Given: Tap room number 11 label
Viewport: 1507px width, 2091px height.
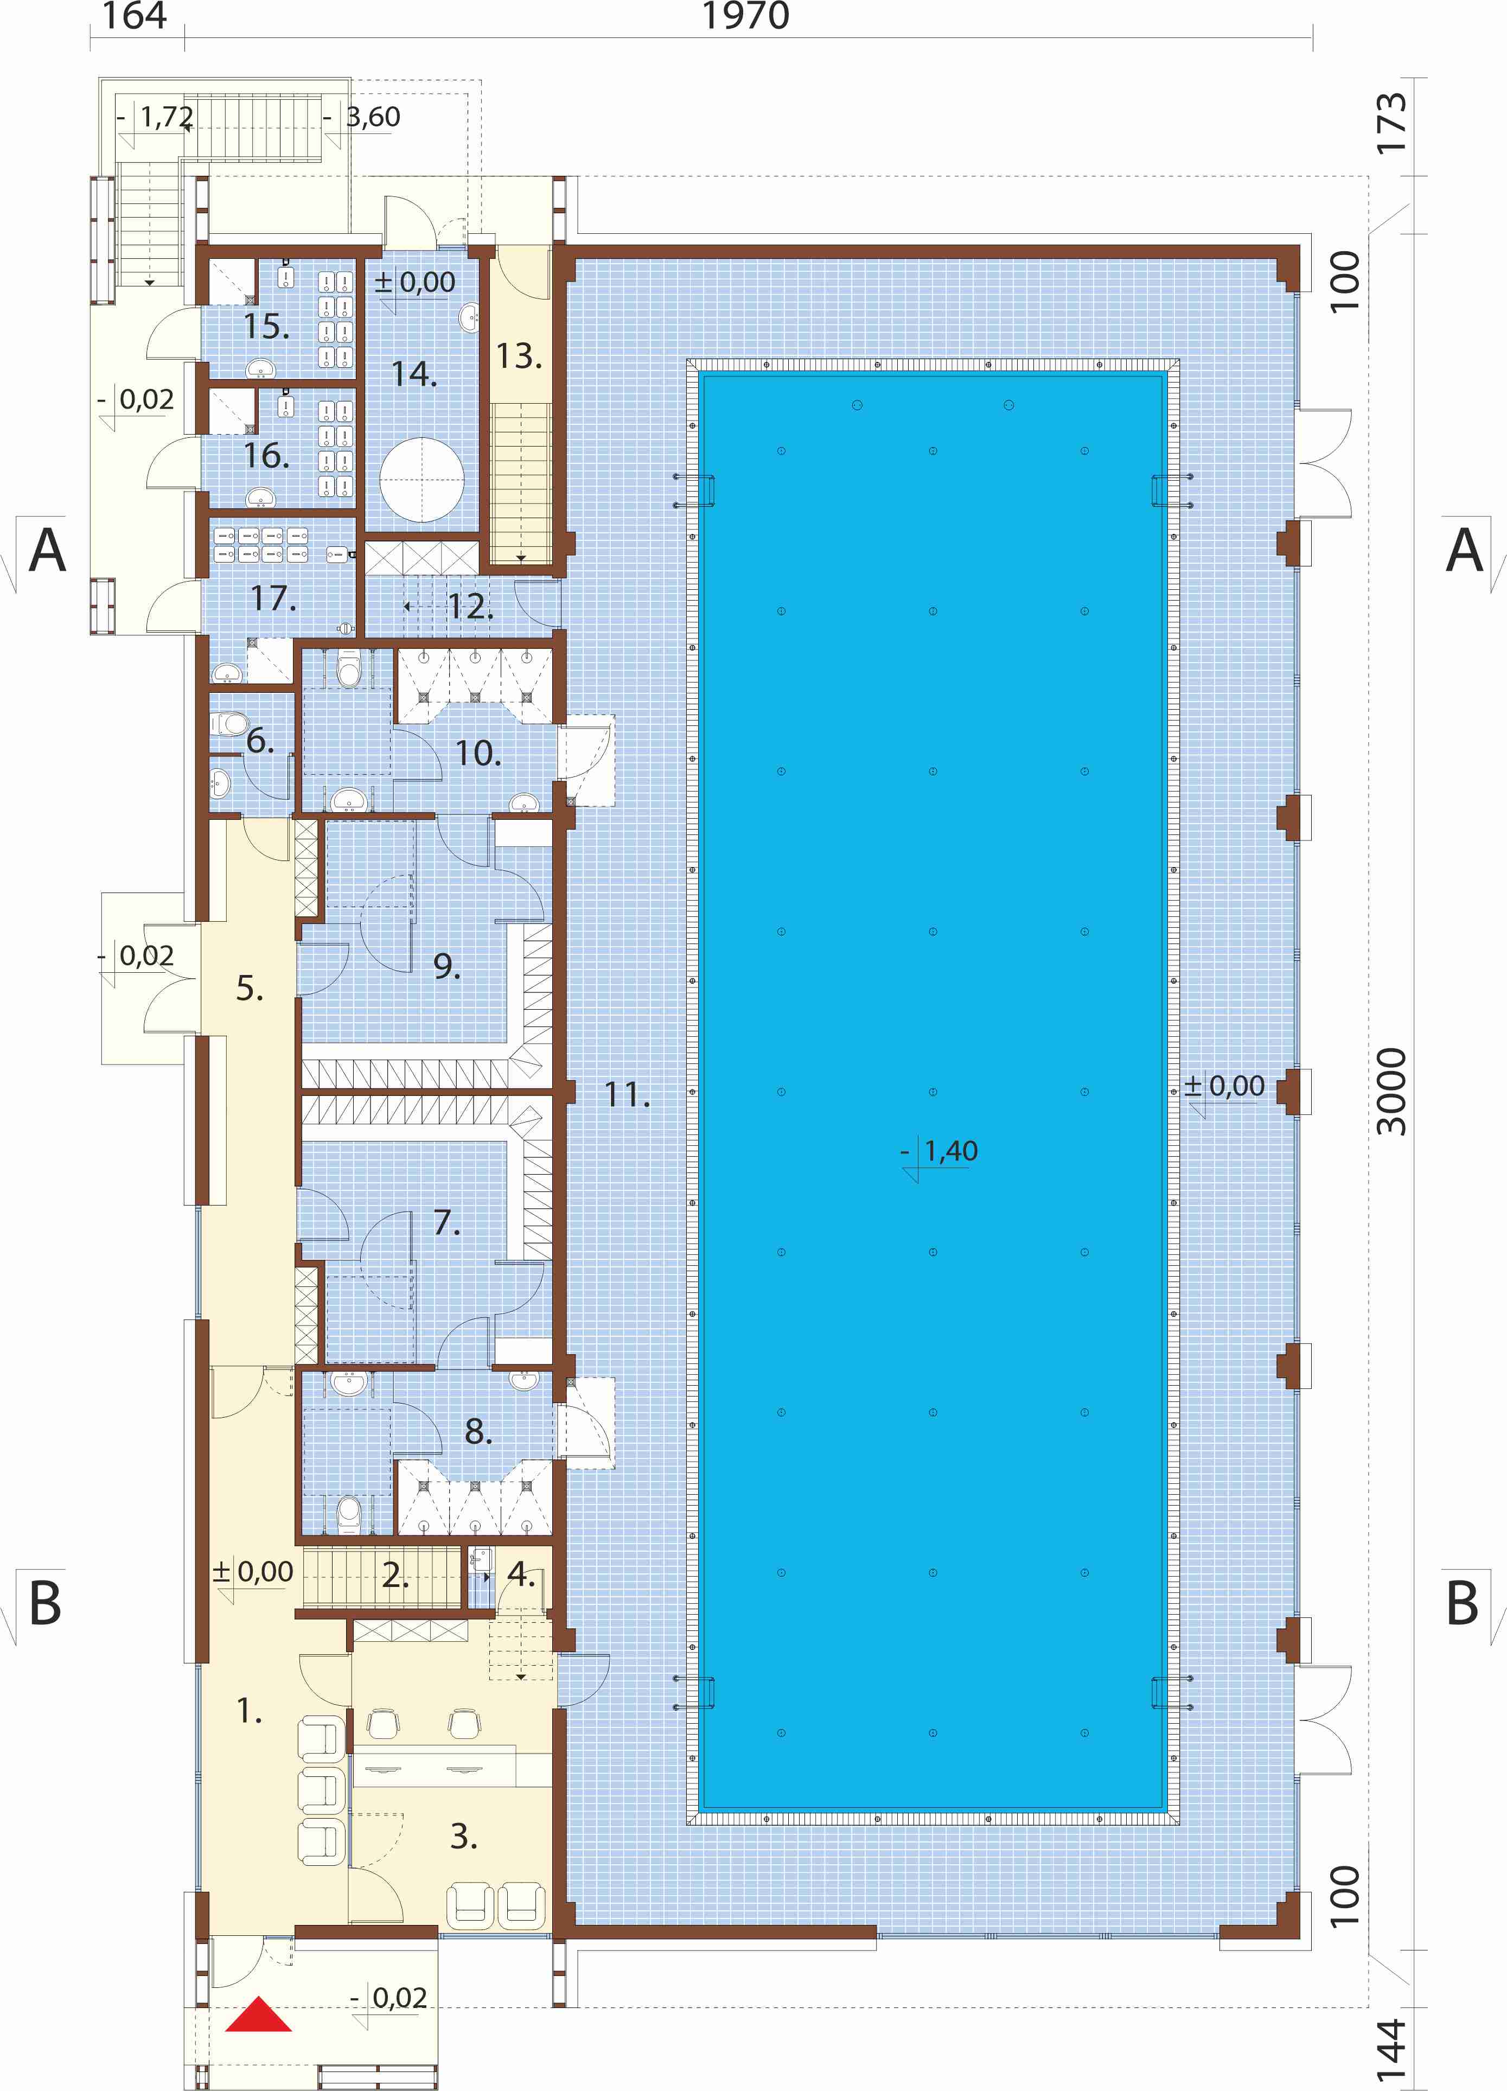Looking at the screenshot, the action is pos(627,1094).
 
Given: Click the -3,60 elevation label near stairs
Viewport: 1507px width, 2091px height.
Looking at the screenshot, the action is pos(362,117).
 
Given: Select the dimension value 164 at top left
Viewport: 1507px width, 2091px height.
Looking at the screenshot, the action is pos(135,16).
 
